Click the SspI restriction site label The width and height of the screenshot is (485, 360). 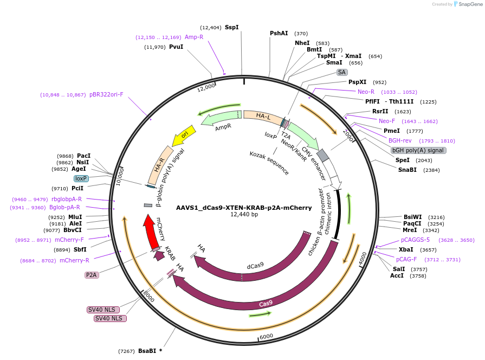231,27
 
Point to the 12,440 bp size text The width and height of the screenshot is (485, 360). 244,215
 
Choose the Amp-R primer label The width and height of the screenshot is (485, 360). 194,37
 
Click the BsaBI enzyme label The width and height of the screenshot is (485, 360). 147,351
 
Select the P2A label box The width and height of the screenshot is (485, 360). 91,275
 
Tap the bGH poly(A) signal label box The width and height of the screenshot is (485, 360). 418,150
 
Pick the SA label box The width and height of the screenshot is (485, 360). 341,72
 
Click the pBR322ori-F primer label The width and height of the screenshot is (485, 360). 106,94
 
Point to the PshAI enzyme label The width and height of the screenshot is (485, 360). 279,33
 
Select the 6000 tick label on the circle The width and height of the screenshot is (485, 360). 266,337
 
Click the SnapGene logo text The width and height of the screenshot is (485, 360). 469,4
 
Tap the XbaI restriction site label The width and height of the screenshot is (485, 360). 406,249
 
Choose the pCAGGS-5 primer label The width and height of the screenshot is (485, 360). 415,240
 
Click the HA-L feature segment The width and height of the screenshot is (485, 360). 263,116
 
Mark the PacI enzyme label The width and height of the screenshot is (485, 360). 84,156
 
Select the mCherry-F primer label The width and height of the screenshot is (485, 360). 69,240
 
